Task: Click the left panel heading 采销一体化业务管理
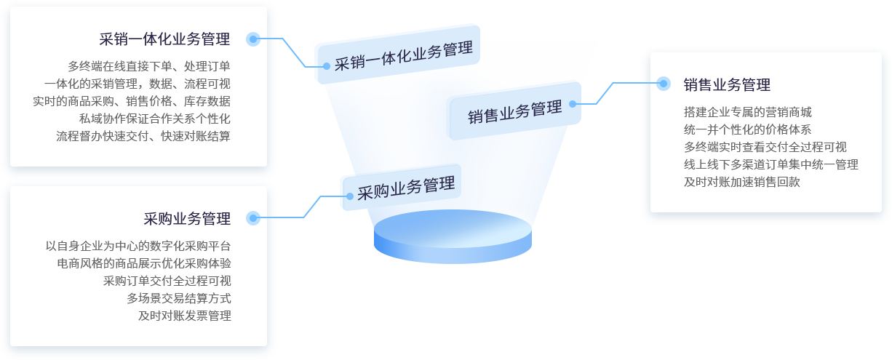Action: (x=164, y=39)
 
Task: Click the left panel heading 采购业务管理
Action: (x=187, y=219)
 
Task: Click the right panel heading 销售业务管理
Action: (x=727, y=85)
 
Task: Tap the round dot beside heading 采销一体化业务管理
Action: (x=253, y=39)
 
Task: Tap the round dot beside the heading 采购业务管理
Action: (x=253, y=217)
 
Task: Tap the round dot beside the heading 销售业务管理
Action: (x=663, y=84)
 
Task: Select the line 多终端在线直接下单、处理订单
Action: (x=149, y=65)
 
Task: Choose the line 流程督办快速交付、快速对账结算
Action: (x=143, y=136)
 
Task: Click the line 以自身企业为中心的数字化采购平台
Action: (x=138, y=246)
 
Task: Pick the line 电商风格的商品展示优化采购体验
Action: (x=144, y=263)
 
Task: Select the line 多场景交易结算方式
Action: (x=179, y=298)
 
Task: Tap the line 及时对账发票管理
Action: (x=185, y=316)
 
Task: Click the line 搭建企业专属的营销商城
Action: (x=747, y=113)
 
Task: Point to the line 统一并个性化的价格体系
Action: (x=747, y=130)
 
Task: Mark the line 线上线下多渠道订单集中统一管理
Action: (x=771, y=165)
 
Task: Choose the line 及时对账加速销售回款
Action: (x=741, y=183)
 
